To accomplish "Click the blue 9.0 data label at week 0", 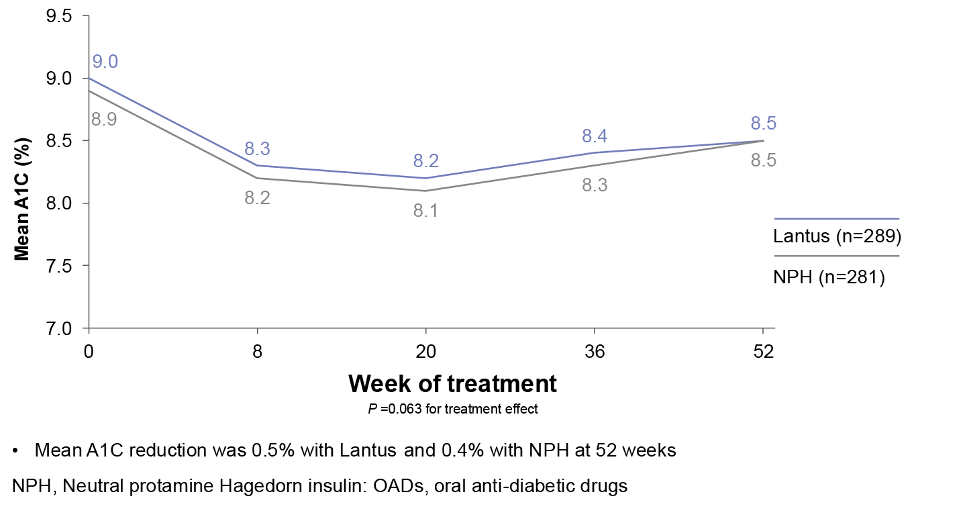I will point(105,62).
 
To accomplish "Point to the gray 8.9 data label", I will point(104,121).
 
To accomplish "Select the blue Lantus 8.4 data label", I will point(595,136).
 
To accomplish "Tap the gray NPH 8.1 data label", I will point(425,211).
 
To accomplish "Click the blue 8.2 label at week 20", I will point(425,161).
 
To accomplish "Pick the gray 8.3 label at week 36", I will point(595,186).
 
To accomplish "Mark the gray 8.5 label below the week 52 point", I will point(763,161).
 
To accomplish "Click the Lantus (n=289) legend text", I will point(836,237).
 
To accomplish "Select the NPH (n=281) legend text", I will point(829,277).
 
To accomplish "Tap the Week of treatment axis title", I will point(453,383).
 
